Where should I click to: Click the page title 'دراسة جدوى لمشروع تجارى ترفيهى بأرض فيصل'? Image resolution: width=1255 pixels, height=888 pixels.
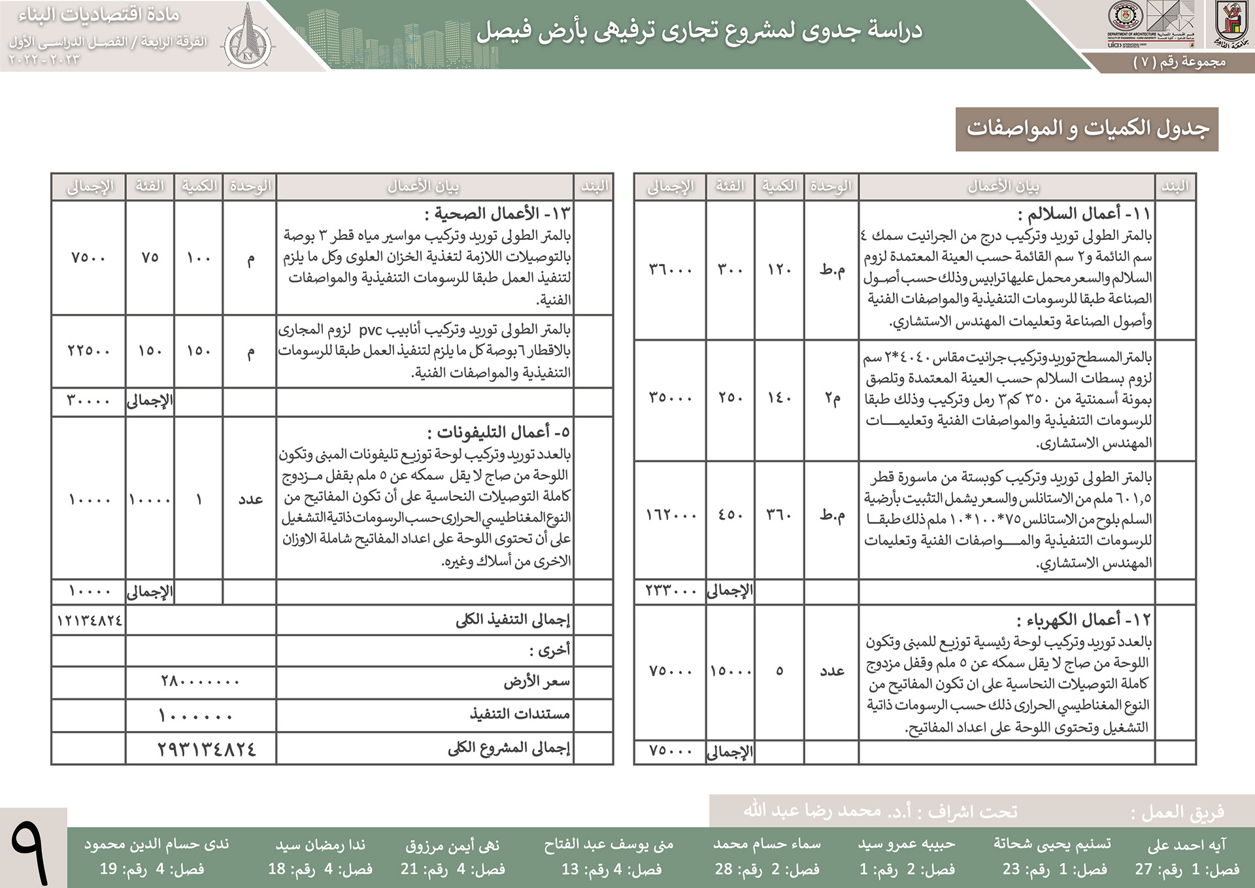coord(699,31)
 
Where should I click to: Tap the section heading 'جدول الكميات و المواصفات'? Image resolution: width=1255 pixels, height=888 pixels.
coord(1087,129)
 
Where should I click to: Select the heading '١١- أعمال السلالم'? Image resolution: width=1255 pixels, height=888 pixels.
coord(1084,214)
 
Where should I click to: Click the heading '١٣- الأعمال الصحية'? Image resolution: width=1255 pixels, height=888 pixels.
coord(497,214)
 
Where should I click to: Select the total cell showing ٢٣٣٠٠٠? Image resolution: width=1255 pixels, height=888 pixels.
coord(671,590)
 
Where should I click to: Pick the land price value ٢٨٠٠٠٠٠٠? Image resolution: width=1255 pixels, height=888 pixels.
coord(200,682)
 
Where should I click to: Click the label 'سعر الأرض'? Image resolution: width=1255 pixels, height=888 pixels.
coord(536,682)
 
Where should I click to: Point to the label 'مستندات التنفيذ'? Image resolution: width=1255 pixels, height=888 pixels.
coord(520,714)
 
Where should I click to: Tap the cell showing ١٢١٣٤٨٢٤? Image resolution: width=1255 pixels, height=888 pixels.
coord(89,620)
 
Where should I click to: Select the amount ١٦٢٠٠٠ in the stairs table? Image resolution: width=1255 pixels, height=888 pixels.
coord(671,515)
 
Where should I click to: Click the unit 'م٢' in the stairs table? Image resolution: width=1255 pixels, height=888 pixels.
coord(832,398)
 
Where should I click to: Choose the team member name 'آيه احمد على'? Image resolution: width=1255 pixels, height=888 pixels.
coord(1186,845)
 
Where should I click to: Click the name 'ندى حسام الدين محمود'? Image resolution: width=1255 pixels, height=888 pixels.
coord(156,844)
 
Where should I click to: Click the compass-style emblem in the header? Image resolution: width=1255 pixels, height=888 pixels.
coord(248,37)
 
